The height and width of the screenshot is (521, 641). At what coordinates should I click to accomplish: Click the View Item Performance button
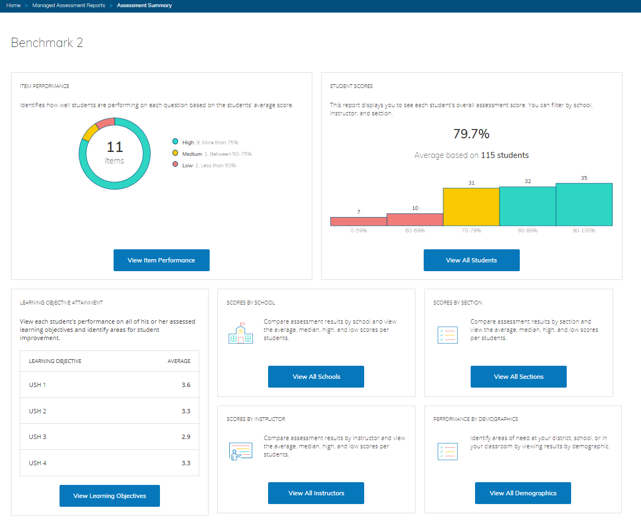click(x=161, y=260)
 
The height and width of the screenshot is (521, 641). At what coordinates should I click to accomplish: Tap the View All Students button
click(x=471, y=260)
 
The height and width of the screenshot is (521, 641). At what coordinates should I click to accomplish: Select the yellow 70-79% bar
click(x=471, y=207)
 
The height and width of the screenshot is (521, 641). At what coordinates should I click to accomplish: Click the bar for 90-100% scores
click(x=584, y=204)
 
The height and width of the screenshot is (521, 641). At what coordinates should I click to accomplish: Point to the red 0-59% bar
click(x=358, y=221)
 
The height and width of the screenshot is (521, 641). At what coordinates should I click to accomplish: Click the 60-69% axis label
click(x=414, y=231)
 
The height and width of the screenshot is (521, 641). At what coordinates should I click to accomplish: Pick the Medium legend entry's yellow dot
click(x=175, y=154)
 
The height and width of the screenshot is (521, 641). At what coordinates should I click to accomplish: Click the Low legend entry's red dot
click(x=175, y=165)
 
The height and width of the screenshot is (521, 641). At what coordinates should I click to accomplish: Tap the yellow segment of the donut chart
click(x=87, y=132)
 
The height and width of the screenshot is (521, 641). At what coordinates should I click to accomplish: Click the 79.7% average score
click(x=471, y=134)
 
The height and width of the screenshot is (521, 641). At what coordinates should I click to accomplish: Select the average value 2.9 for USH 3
click(x=186, y=437)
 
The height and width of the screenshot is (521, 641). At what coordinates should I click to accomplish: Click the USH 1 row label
click(x=38, y=385)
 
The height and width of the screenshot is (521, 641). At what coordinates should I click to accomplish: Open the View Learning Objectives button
click(x=109, y=496)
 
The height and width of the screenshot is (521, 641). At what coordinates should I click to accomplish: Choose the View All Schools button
click(x=316, y=377)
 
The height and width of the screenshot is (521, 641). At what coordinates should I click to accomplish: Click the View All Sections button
click(x=518, y=377)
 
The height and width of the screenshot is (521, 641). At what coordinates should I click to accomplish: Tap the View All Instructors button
click(x=316, y=493)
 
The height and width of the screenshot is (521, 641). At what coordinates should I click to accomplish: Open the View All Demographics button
click(x=523, y=493)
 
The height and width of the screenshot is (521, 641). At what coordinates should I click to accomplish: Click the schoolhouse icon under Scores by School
click(x=240, y=333)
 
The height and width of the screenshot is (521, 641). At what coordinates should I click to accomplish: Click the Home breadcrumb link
click(x=14, y=5)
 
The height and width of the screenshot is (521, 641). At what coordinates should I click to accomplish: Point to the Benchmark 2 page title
click(x=47, y=43)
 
